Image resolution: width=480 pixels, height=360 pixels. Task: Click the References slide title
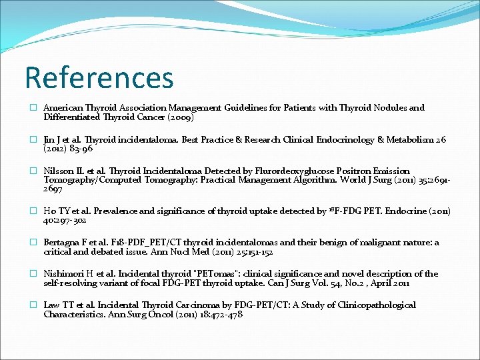(x=99, y=77)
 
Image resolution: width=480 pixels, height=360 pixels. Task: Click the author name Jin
(x=50, y=140)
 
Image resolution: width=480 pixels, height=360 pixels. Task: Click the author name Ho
(x=50, y=211)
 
